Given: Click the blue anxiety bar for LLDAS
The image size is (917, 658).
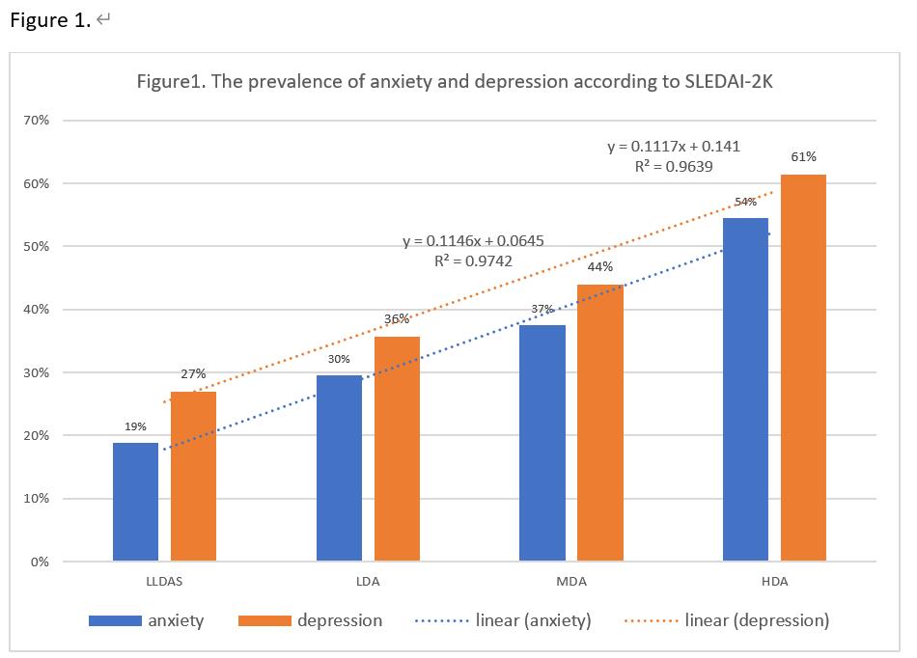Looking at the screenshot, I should (x=135, y=502).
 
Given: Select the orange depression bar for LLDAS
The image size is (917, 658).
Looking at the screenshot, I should (x=193, y=477).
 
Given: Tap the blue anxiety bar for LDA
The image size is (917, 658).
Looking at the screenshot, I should (x=339, y=468).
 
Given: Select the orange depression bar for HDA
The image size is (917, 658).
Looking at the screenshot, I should (x=803, y=368).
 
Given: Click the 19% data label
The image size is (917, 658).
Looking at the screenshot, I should (x=135, y=425).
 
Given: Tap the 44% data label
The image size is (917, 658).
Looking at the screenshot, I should (x=600, y=266).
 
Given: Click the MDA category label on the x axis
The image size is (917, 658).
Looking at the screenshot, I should (x=570, y=582).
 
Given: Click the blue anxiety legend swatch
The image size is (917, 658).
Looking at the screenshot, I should (x=115, y=621).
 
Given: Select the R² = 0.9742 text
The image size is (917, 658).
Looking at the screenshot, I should (x=472, y=260).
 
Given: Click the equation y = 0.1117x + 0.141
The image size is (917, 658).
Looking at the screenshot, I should (x=673, y=147).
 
